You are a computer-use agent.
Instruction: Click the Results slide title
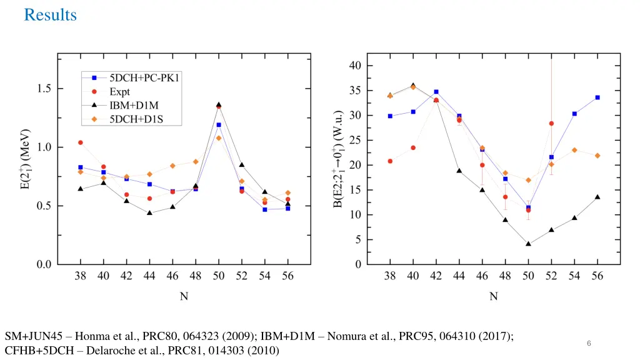point(50,15)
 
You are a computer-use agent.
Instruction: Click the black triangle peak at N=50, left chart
point(219,105)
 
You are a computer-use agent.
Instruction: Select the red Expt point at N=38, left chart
point(81,142)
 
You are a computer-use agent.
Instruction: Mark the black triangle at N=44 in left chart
point(149,212)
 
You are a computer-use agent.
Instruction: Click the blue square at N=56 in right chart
point(597,97)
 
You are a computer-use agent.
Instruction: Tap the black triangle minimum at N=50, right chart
point(528,244)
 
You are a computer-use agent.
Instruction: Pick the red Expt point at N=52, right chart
point(551,124)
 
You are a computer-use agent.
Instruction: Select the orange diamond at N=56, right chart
point(597,156)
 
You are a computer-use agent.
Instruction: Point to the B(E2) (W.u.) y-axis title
point(338,159)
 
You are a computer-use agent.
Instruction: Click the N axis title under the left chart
point(184,297)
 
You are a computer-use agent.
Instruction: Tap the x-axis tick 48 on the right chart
point(505,276)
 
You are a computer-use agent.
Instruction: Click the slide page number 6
point(589,344)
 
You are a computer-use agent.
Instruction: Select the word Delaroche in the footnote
point(109,351)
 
